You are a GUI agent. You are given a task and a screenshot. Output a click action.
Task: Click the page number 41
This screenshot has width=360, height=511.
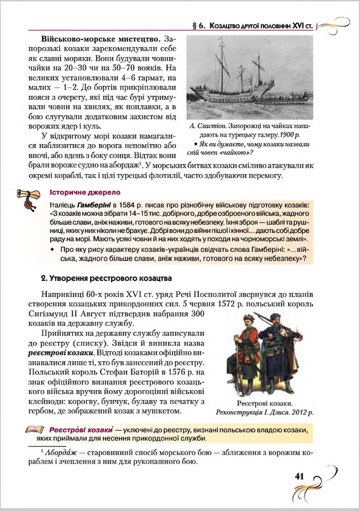click(x=300, y=476)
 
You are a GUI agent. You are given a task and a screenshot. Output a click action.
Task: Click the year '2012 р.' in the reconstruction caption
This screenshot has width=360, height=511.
click(x=302, y=412)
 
